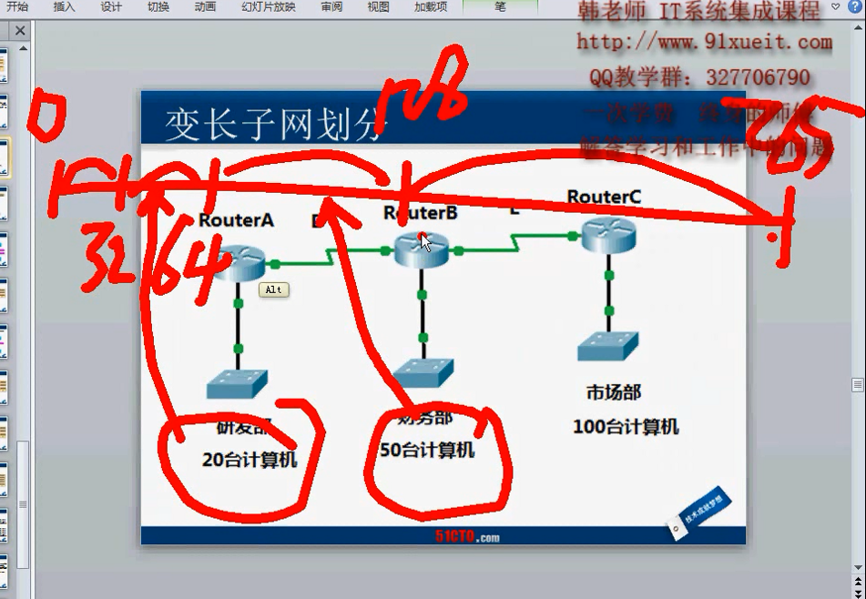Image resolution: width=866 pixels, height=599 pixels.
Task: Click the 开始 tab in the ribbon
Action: tap(17, 6)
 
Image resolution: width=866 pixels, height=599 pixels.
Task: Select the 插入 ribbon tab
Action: tap(64, 6)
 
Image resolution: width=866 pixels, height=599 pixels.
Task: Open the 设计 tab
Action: tap(111, 6)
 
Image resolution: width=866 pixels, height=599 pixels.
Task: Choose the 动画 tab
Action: tap(205, 6)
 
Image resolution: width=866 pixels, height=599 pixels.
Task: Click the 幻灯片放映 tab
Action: tap(270, 6)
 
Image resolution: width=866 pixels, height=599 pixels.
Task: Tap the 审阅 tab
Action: tap(332, 6)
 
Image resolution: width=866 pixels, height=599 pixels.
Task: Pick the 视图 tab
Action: tap(378, 6)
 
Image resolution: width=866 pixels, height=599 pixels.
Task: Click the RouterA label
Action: tap(236, 220)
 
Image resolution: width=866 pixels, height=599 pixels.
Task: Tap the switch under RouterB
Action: tap(423, 371)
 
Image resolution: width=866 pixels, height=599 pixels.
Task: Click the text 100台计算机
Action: tap(626, 427)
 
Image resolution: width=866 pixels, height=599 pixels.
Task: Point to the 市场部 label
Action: tap(614, 392)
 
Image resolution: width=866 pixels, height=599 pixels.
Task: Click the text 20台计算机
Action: tap(250, 460)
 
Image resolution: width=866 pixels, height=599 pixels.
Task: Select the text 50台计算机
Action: tap(427, 450)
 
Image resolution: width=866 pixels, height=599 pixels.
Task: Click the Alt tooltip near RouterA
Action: tap(274, 289)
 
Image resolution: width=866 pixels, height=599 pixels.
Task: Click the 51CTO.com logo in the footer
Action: tap(467, 537)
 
